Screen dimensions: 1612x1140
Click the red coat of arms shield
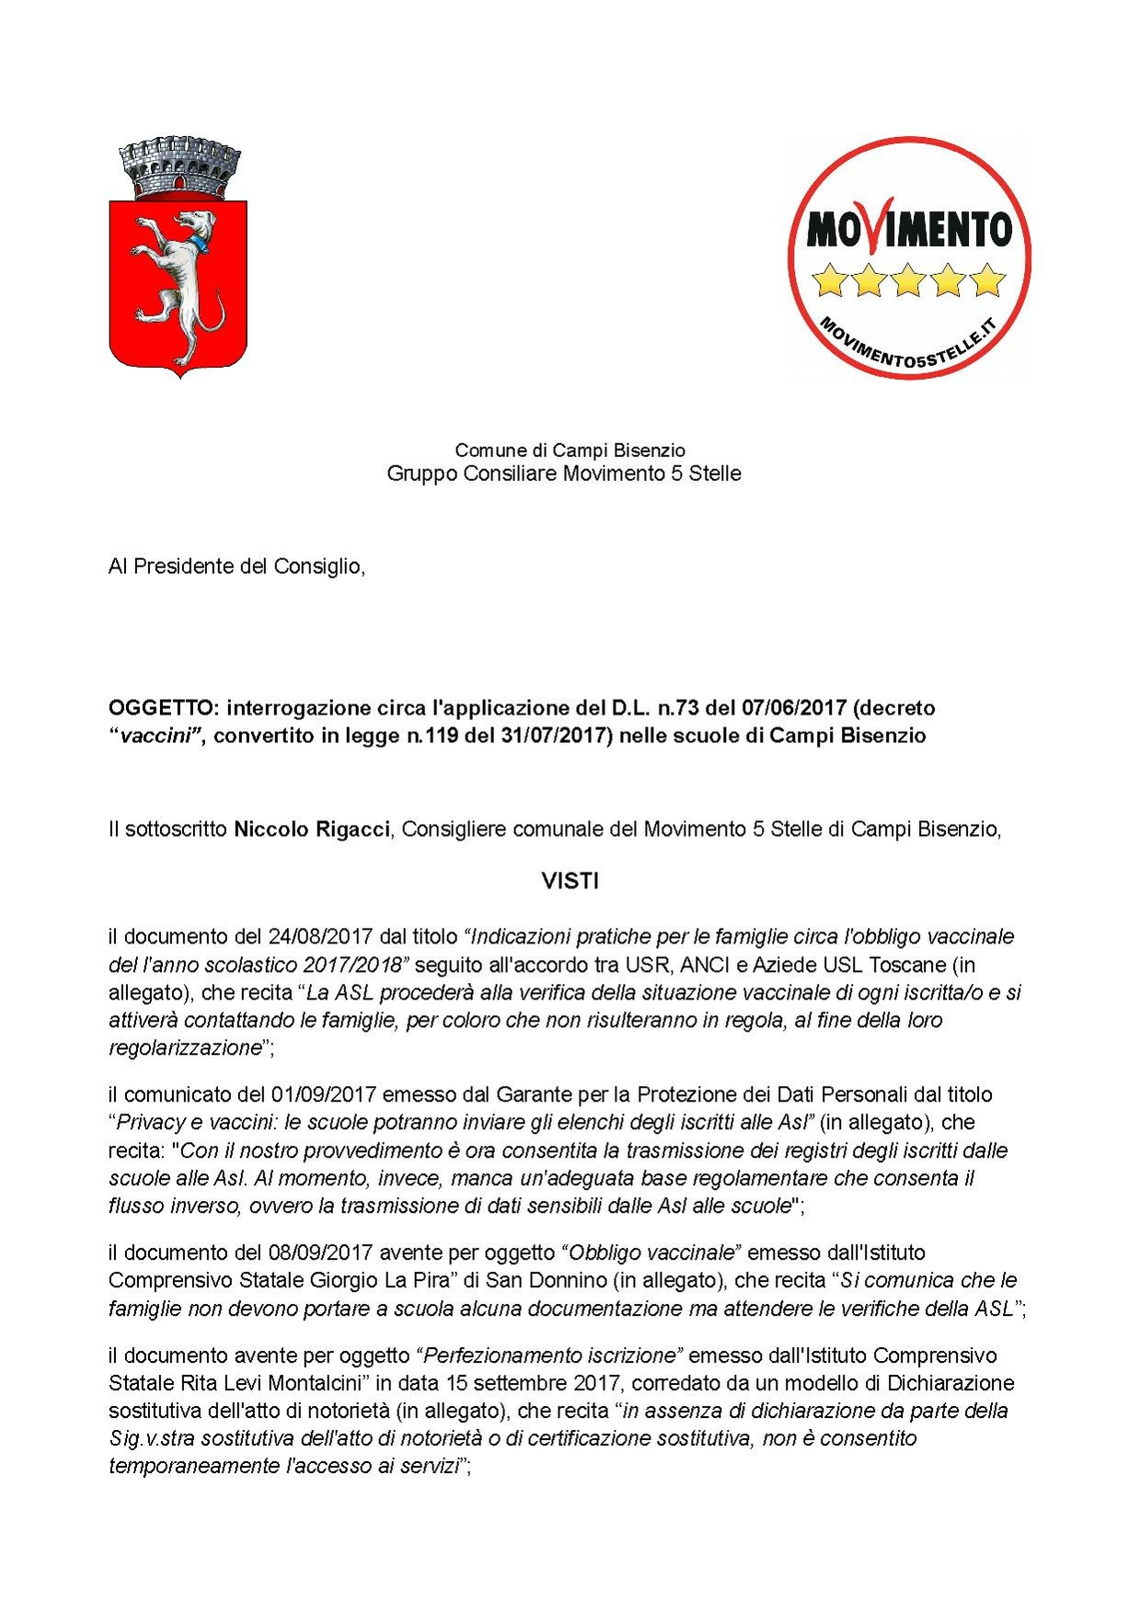(178, 285)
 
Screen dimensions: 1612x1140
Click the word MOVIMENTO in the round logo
(908, 229)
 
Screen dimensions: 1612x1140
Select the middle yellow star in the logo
(908, 280)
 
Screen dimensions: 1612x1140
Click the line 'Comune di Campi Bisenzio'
(570, 451)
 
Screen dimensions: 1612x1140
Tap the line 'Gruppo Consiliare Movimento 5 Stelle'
(563, 474)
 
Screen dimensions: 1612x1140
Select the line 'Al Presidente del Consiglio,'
(236, 566)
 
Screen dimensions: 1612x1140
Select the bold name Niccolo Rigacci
(313, 829)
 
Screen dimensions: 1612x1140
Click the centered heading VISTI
(570, 881)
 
